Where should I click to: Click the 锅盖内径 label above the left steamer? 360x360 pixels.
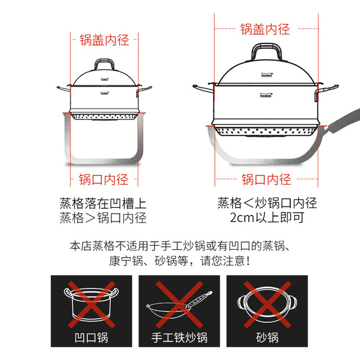pos(104,40)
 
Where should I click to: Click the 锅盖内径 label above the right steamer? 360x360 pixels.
pos(265,29)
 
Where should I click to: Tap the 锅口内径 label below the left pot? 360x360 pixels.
pos(103,179)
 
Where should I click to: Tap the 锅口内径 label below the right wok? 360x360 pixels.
pos(266,179)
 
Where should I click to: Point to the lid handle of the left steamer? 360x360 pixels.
pos(105,60)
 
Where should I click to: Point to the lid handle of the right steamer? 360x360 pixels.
pos(266,46)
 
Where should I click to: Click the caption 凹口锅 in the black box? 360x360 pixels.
pos(91,337)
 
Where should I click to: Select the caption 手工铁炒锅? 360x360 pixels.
pos(179,337)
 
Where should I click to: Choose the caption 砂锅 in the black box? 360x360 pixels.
pos(267,337)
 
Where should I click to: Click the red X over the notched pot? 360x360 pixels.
pos(92,304)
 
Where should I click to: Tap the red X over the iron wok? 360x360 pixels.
pos(179,304)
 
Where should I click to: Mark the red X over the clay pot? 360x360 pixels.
pos(267,304)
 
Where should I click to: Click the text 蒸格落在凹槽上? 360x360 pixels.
pos(103,204)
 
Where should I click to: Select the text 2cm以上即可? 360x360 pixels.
pos(267,218)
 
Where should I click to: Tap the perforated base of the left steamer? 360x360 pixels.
pos(105,116)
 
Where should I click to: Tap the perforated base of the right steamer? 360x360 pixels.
pos(266,131)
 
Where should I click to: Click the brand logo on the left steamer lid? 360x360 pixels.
pos(105,79)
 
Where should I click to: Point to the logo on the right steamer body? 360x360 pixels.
pos(266,95)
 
